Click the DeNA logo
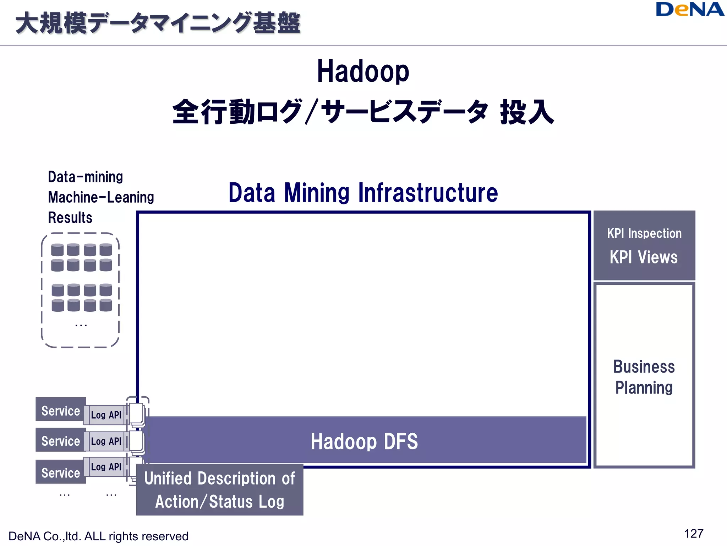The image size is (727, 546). (690, 10)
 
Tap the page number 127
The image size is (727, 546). (693, 534)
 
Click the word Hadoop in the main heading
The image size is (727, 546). (363, 71)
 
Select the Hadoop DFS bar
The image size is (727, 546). (364, 441)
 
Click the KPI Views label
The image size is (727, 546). (644, 257)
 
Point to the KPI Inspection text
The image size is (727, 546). (644, 234)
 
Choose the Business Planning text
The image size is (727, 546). (644, 377)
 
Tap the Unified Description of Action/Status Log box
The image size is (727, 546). (220, 489)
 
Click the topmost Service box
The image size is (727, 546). (61, 410)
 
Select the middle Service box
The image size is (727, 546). (61, 440)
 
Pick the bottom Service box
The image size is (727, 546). (61, 472)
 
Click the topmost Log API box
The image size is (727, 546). (106, 415)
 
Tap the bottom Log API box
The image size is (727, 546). (106, 467)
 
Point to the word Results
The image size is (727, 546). (70, 218)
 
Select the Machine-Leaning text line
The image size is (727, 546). (101, 197)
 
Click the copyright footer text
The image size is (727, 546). (98, 536)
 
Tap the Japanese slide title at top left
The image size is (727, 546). (158, 23)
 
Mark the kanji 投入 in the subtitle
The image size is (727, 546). (527, 112)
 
